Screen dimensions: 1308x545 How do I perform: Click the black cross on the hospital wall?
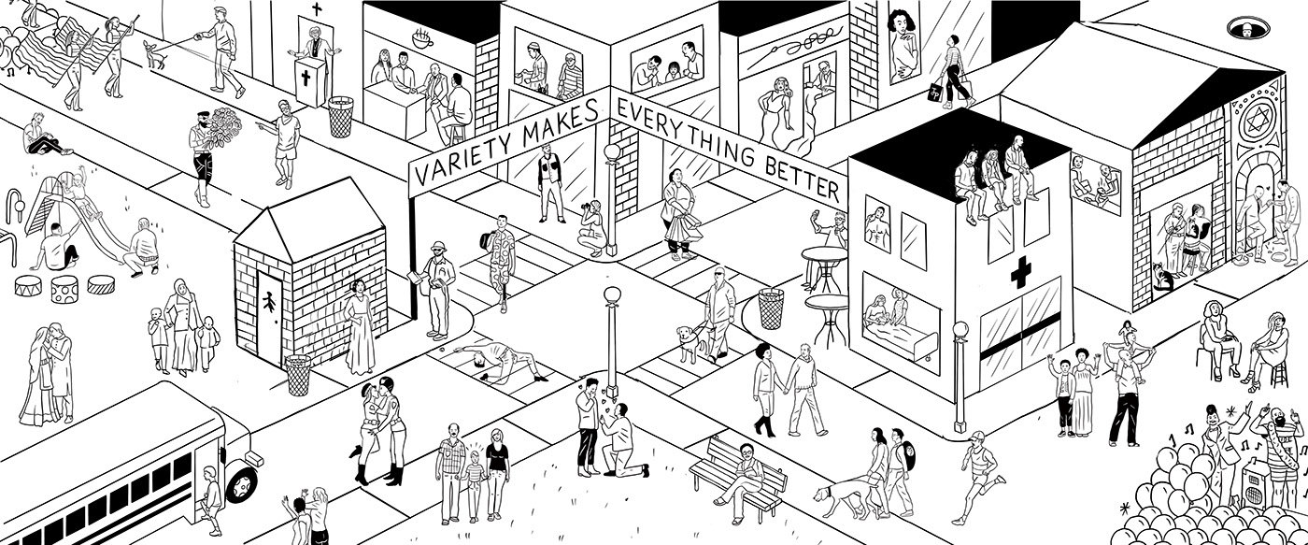(1018, 274)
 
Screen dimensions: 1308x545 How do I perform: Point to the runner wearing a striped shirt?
(977, 477)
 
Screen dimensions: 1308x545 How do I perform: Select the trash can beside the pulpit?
(340, 116)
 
